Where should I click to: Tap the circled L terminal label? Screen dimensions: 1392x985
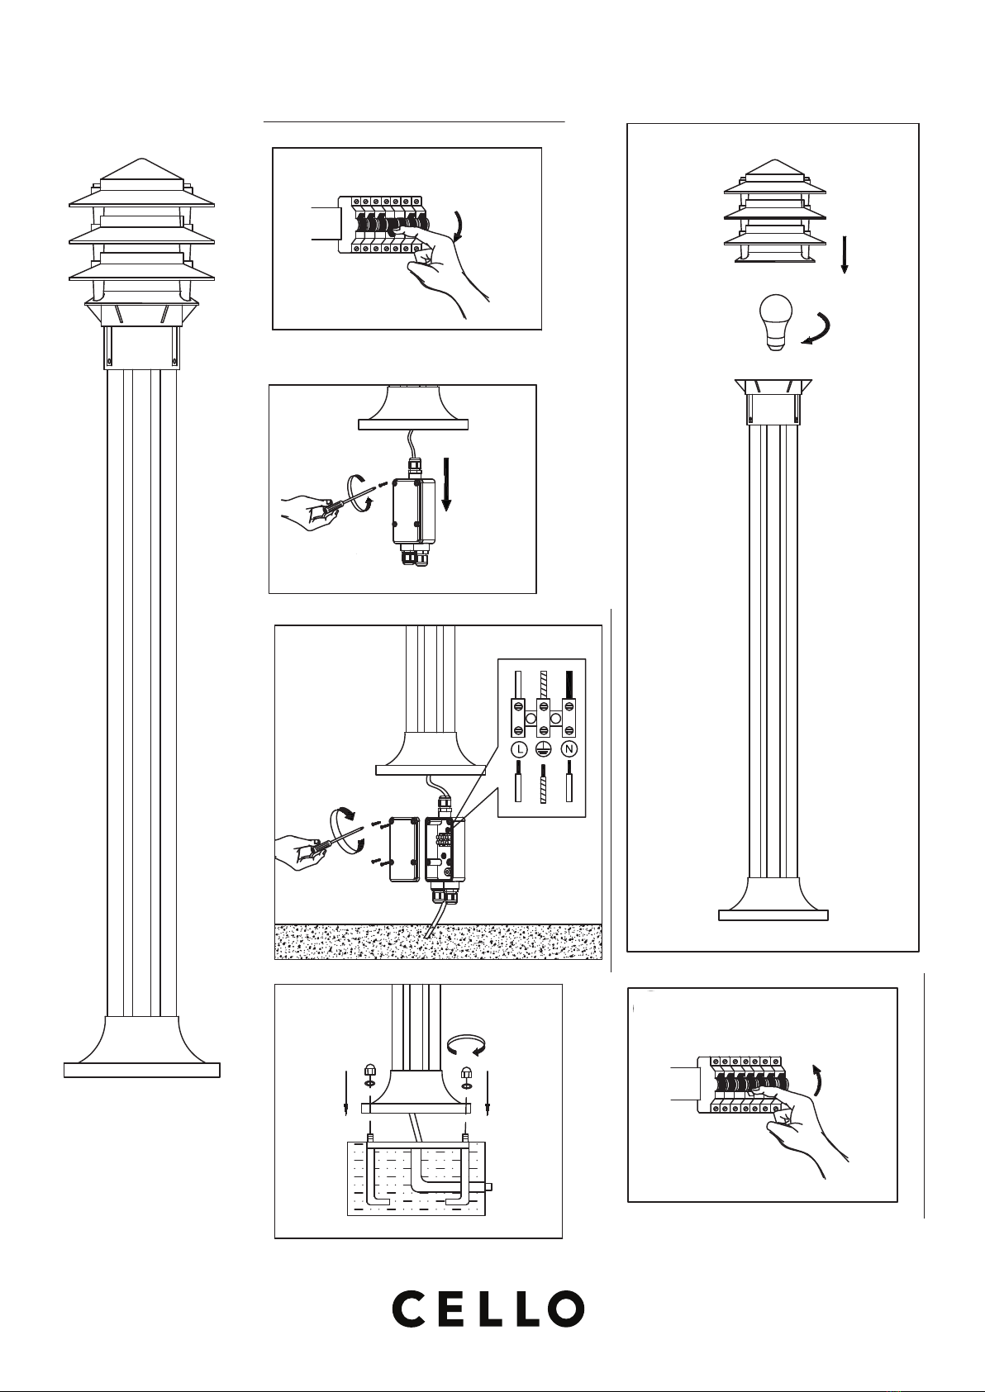point(518,749)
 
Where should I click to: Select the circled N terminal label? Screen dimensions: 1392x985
point(569,749)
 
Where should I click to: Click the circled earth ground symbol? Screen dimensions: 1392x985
point(543,749)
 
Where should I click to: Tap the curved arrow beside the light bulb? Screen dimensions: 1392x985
point(820,330)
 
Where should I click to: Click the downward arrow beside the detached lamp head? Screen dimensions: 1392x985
point(845,254)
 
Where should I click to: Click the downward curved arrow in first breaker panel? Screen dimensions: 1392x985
point(458,224)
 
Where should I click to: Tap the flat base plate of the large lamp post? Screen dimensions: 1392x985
point(142,1070)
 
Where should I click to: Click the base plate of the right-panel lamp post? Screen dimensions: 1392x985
point(773,915)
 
